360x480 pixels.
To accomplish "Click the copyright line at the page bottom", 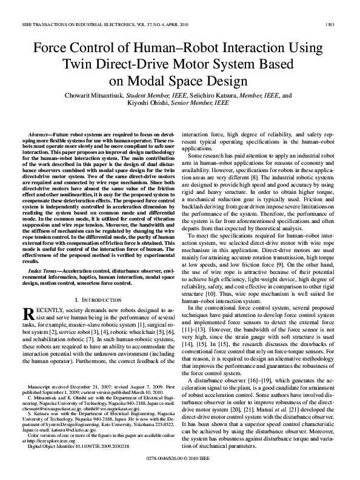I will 180,460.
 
